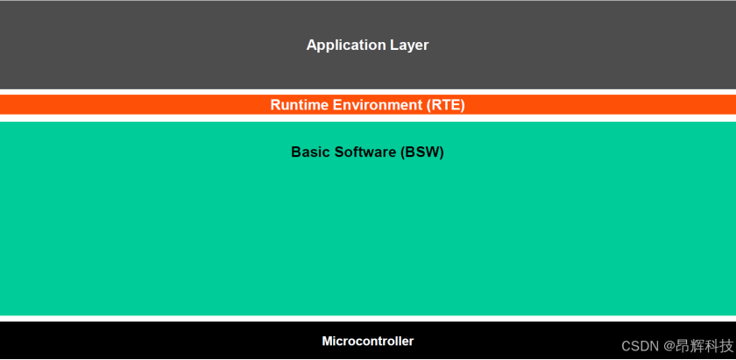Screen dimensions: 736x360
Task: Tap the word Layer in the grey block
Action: tap(409, 45)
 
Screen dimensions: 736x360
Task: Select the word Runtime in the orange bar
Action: tap(300, 104)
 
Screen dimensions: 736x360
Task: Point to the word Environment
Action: tap(378, 104)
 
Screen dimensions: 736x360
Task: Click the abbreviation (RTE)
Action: tap(445, 105)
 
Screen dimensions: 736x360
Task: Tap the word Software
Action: tap(364, 152)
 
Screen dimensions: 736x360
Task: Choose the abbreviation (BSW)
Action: tap(422, 152)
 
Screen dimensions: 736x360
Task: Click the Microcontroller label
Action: tap(367, 341)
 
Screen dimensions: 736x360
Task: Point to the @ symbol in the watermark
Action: tap(669, 347)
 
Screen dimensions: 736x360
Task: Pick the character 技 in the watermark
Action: tap(726, 346)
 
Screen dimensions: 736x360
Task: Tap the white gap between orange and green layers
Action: tap(368, 117)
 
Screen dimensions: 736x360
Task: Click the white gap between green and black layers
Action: tap(368, 318)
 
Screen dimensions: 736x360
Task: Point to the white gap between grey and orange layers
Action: tap(368, 92)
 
